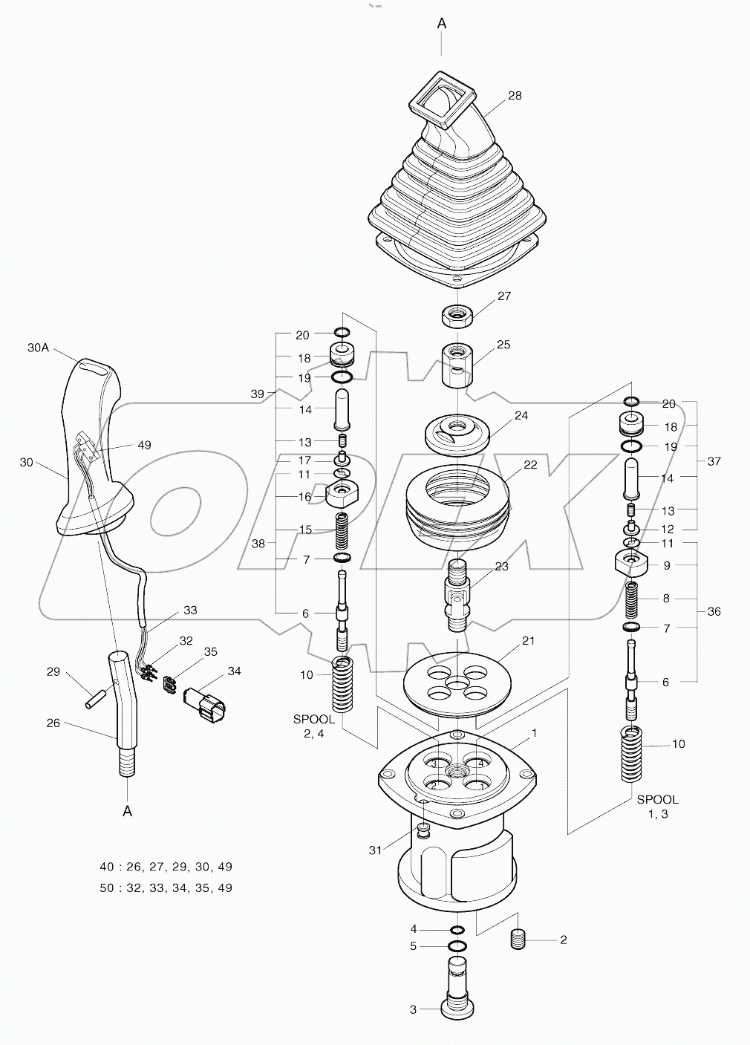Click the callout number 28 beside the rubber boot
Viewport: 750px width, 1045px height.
click(x=515, y=96)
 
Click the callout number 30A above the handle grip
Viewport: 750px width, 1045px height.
click(x=38, y=348)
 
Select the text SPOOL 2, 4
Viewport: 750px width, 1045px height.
click(x=313, y=726)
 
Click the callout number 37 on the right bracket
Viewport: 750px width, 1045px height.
click(x=714, y=461)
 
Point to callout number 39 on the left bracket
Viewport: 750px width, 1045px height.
click(x=257, y=394)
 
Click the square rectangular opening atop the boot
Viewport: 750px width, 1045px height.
click(x=444, y=98)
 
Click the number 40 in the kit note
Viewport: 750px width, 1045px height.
click(x=107, y=867)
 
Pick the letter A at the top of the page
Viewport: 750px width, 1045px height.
click(x=442, y=24)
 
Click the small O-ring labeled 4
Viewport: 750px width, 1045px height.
click(x=457, y=930)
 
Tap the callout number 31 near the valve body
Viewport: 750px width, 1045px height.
click(x=375, y=850)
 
